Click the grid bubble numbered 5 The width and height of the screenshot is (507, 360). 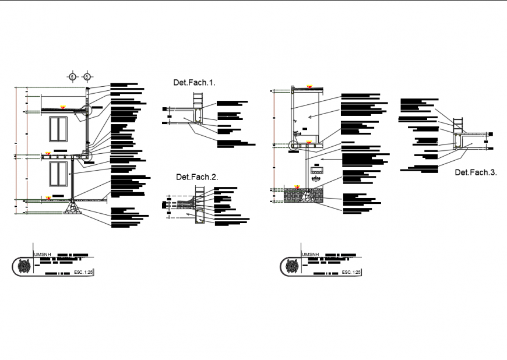click(72, 76)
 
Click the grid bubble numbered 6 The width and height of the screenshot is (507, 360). click(87, 76)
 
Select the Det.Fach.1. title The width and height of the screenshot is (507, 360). click(195, 83)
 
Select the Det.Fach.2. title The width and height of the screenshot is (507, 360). click(197, 177)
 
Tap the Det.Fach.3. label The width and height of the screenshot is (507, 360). click(476, 172)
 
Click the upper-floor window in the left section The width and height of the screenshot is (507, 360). click(59, 129)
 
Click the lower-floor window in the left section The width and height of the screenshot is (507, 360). click(59, 175)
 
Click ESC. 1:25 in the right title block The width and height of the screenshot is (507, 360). click(351, 272)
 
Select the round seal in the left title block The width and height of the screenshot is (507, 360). click(24, 267)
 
